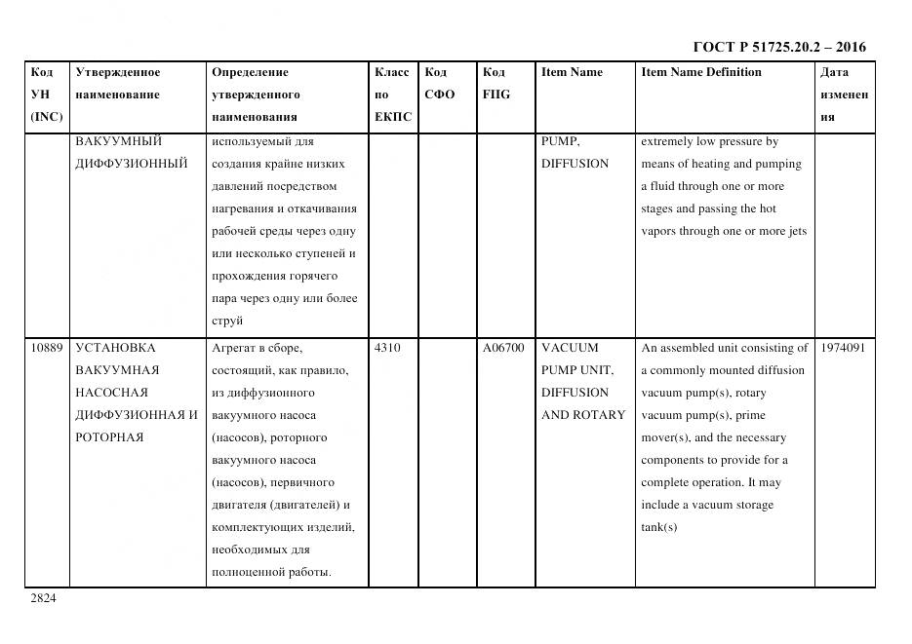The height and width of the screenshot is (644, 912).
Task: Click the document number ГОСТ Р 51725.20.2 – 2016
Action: tap(778, 47)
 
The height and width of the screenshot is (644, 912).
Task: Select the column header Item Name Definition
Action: tap(700, 72)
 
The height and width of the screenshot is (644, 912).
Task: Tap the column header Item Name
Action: tap(572, 72)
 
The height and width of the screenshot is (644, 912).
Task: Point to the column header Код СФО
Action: tap(439, 83)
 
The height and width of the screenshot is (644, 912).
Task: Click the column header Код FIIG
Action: tap(496, 83)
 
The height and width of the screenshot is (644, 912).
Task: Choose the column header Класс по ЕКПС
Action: tap(392, 95)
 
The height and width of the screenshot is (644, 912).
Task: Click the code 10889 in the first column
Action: tap(46, 348)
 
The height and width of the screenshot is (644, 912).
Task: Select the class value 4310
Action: tap(387, 348)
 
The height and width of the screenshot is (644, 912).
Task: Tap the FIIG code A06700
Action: tap(503, 348)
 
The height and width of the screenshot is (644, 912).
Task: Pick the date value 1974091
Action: tap(843, 348)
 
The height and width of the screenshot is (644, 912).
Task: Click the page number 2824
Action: tap(43, 598)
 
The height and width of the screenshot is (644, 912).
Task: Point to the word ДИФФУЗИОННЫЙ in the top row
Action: tap(131, 164)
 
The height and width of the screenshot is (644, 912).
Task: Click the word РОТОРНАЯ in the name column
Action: tap(109, 437)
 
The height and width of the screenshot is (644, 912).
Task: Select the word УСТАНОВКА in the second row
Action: tap(115, 348)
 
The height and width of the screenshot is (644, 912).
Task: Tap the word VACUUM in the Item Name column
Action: tap(570, 348)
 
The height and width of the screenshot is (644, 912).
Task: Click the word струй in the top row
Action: tap(226, 321)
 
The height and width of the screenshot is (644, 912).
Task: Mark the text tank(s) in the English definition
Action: tap(658, 527)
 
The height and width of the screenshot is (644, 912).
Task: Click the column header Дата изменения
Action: tap(844, 95)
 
